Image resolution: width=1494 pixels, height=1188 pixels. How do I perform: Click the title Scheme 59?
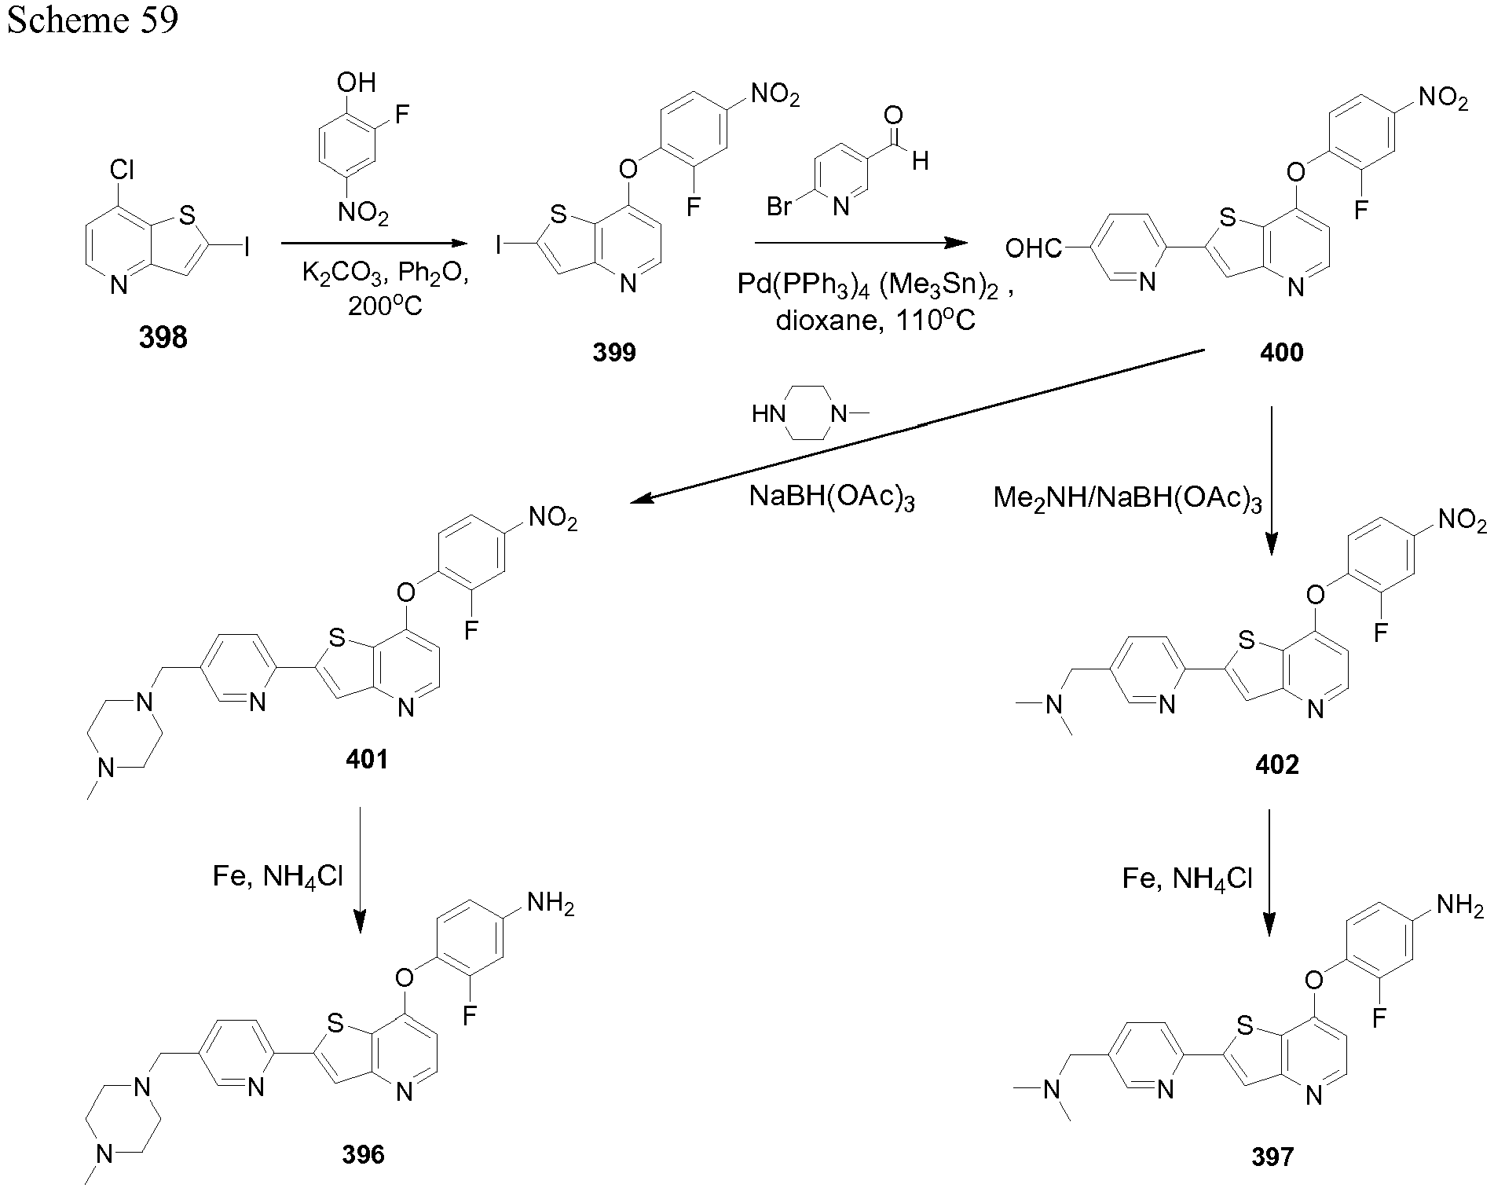coord(93,20)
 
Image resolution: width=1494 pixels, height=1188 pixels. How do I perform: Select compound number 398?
coord(163,337)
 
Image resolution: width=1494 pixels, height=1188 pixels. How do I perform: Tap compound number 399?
coord(614,351)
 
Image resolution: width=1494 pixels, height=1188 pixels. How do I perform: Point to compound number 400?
coord(1281,352)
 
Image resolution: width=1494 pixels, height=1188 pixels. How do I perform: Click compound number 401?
coord(366,760)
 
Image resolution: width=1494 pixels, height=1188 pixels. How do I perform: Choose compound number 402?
coord(1276,764)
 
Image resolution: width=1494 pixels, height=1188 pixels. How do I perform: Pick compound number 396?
coord(363,1154)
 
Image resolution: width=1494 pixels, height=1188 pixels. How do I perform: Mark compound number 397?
coord(1272,1157)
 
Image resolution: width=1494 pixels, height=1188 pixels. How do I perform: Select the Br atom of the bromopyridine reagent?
coord(779,207)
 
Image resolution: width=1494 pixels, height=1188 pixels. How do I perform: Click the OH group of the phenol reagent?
coord(356,82)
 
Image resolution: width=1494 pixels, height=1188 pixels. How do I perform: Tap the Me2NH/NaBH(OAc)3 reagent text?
coord(1127,498)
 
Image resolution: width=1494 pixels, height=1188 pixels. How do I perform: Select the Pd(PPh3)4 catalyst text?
coord(804,284)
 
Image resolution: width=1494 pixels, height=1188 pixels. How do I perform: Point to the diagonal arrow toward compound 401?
coord(917,425)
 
